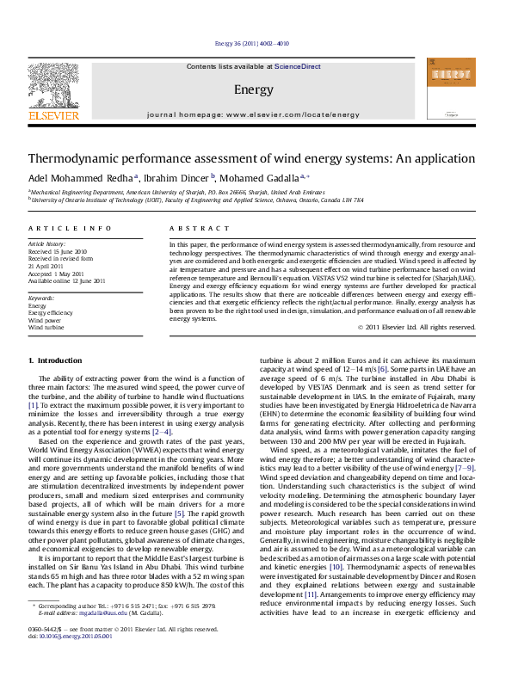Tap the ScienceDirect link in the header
[297, 66]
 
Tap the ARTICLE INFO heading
[70, 228]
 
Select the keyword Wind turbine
[46, 328]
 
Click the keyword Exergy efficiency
[51, 313]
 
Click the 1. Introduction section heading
[55, 360]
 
